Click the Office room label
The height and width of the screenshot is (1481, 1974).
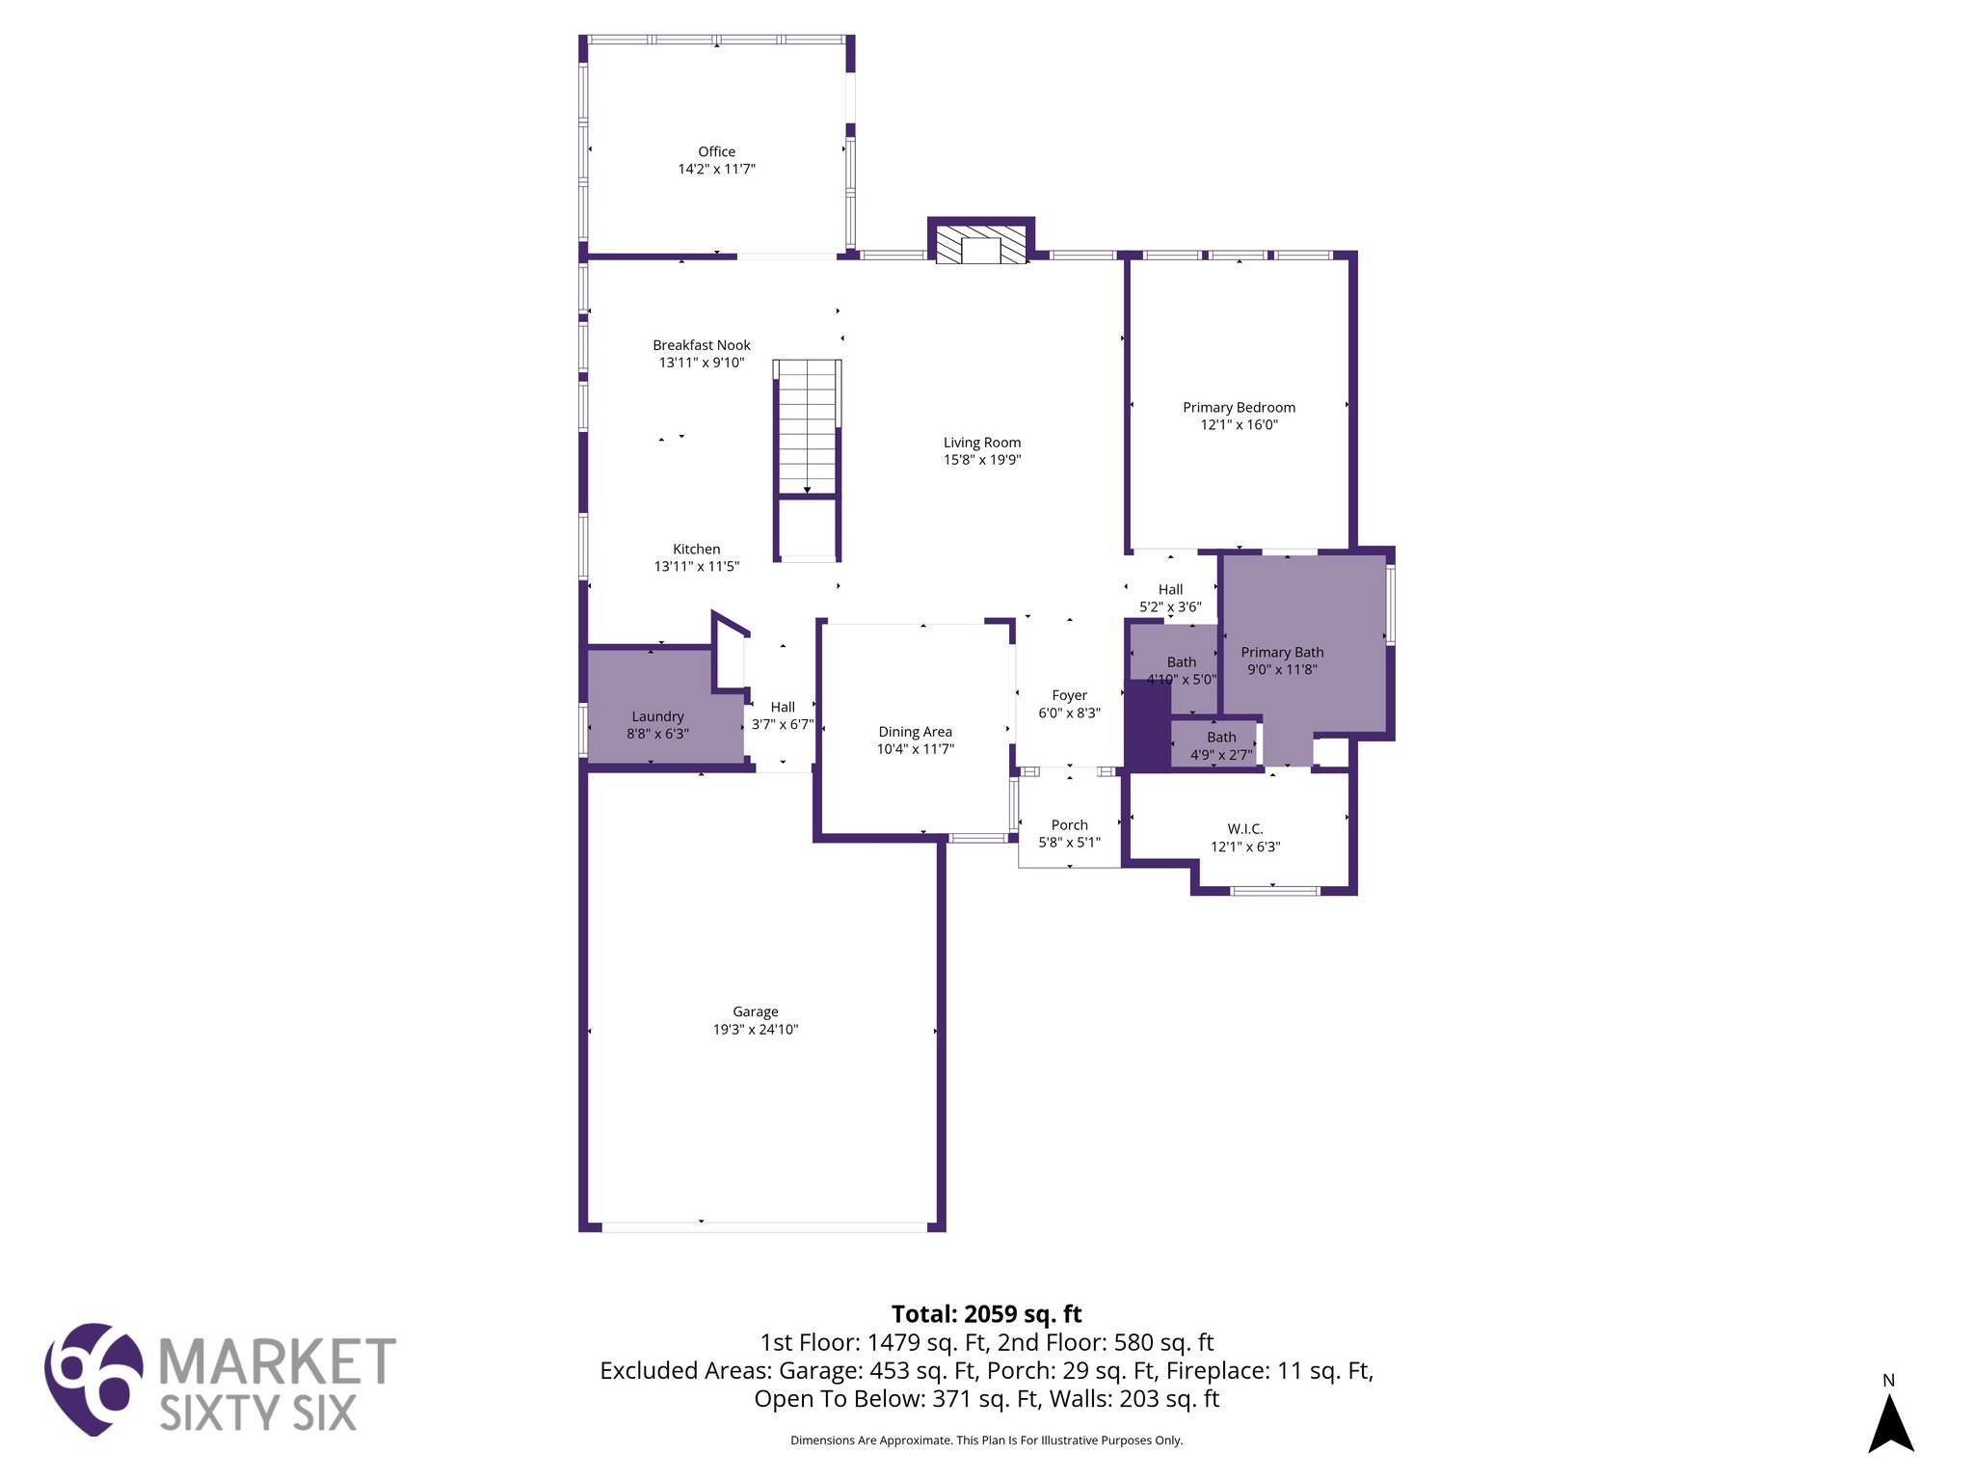(x=716, y=151)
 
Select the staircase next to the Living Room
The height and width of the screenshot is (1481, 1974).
(x=808, y=427)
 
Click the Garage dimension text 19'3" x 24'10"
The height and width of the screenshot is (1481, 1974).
(x=756, y=1029)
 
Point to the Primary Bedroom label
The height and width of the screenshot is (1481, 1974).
(x=1239, y=407)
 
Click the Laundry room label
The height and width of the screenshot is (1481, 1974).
(x=657, y=716)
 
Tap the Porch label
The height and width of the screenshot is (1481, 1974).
(x=1069, y=825)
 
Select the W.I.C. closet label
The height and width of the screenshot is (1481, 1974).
(x=1244, y=829)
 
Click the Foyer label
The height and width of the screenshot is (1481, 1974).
(x=1069, y=695)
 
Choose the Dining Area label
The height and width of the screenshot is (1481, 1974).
(x=915, y=732)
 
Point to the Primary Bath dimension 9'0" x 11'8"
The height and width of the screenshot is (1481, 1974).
(x=1282, y=669)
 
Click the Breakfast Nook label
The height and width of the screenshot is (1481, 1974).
(x=701, y=345)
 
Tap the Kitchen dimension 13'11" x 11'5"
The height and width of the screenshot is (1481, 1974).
(x=696, y=566)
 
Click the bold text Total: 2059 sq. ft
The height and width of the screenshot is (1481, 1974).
(x=986, y=1314)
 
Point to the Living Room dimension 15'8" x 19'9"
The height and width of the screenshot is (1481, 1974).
(x=981, y=460)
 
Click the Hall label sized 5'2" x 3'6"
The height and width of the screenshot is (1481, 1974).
(x=1170, y=589)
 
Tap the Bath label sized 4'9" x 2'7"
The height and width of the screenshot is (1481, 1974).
(x=1220, y=738)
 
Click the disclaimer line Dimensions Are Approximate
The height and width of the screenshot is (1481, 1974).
(x=986, y=1441)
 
